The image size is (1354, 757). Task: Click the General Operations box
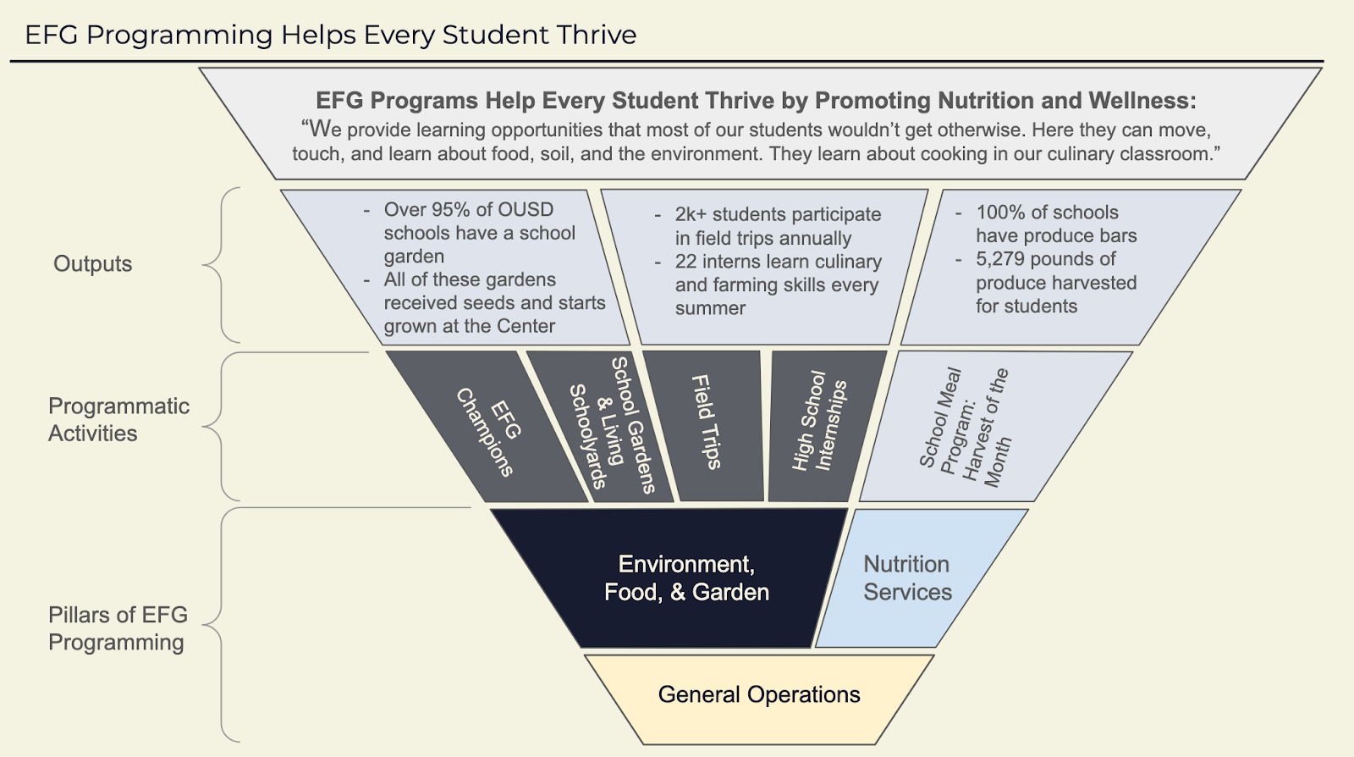pos(759,695)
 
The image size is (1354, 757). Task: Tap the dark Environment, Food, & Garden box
pos(685,578)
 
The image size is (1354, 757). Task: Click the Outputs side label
pos(93,264)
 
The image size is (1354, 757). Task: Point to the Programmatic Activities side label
pos(118,420)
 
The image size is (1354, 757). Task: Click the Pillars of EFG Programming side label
pos(118,628)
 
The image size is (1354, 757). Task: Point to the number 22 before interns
pos(685,262)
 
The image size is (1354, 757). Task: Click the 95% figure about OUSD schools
pos(453,210)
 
